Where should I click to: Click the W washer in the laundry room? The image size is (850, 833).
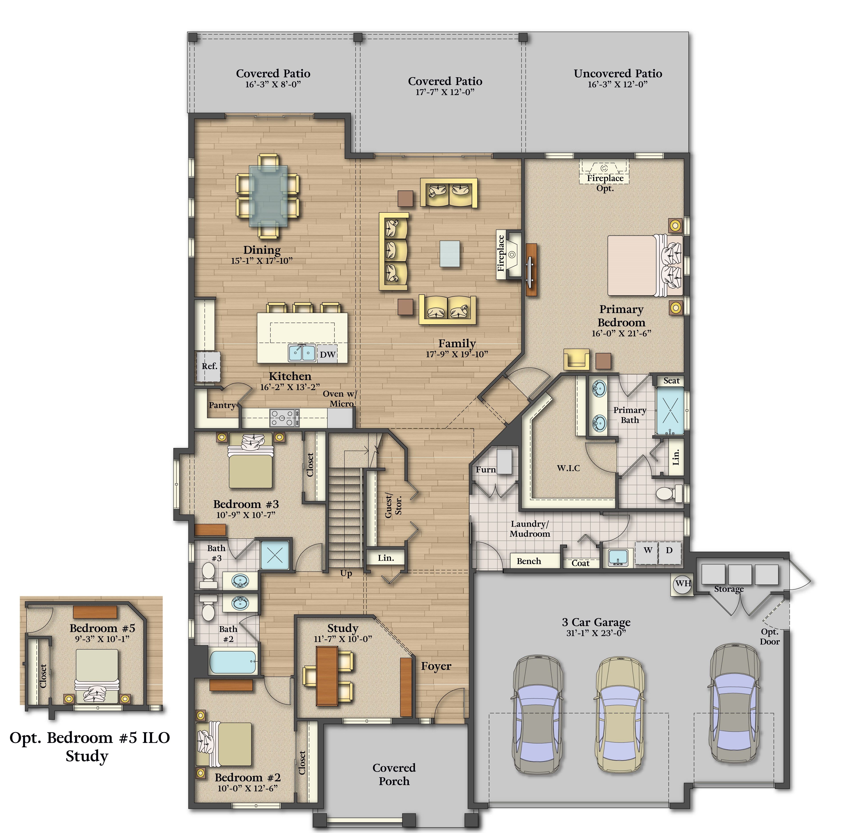click(x=648, y=550)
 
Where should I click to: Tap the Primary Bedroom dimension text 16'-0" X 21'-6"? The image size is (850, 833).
click(x=621, y=333)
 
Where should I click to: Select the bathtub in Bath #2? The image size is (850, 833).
click(x=233, y=662)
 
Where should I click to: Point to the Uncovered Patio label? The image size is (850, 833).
click(x=618, y=74)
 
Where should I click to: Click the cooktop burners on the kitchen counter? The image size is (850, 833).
click(x=284, y=418)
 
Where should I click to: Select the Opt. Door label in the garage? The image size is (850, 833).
click(x=770, y=637)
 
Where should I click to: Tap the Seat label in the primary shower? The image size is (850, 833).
click(x=671, y=381)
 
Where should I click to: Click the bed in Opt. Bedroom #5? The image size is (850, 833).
click(x=97, y=676)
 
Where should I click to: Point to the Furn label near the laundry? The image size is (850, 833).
click(x=486, y=469)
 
